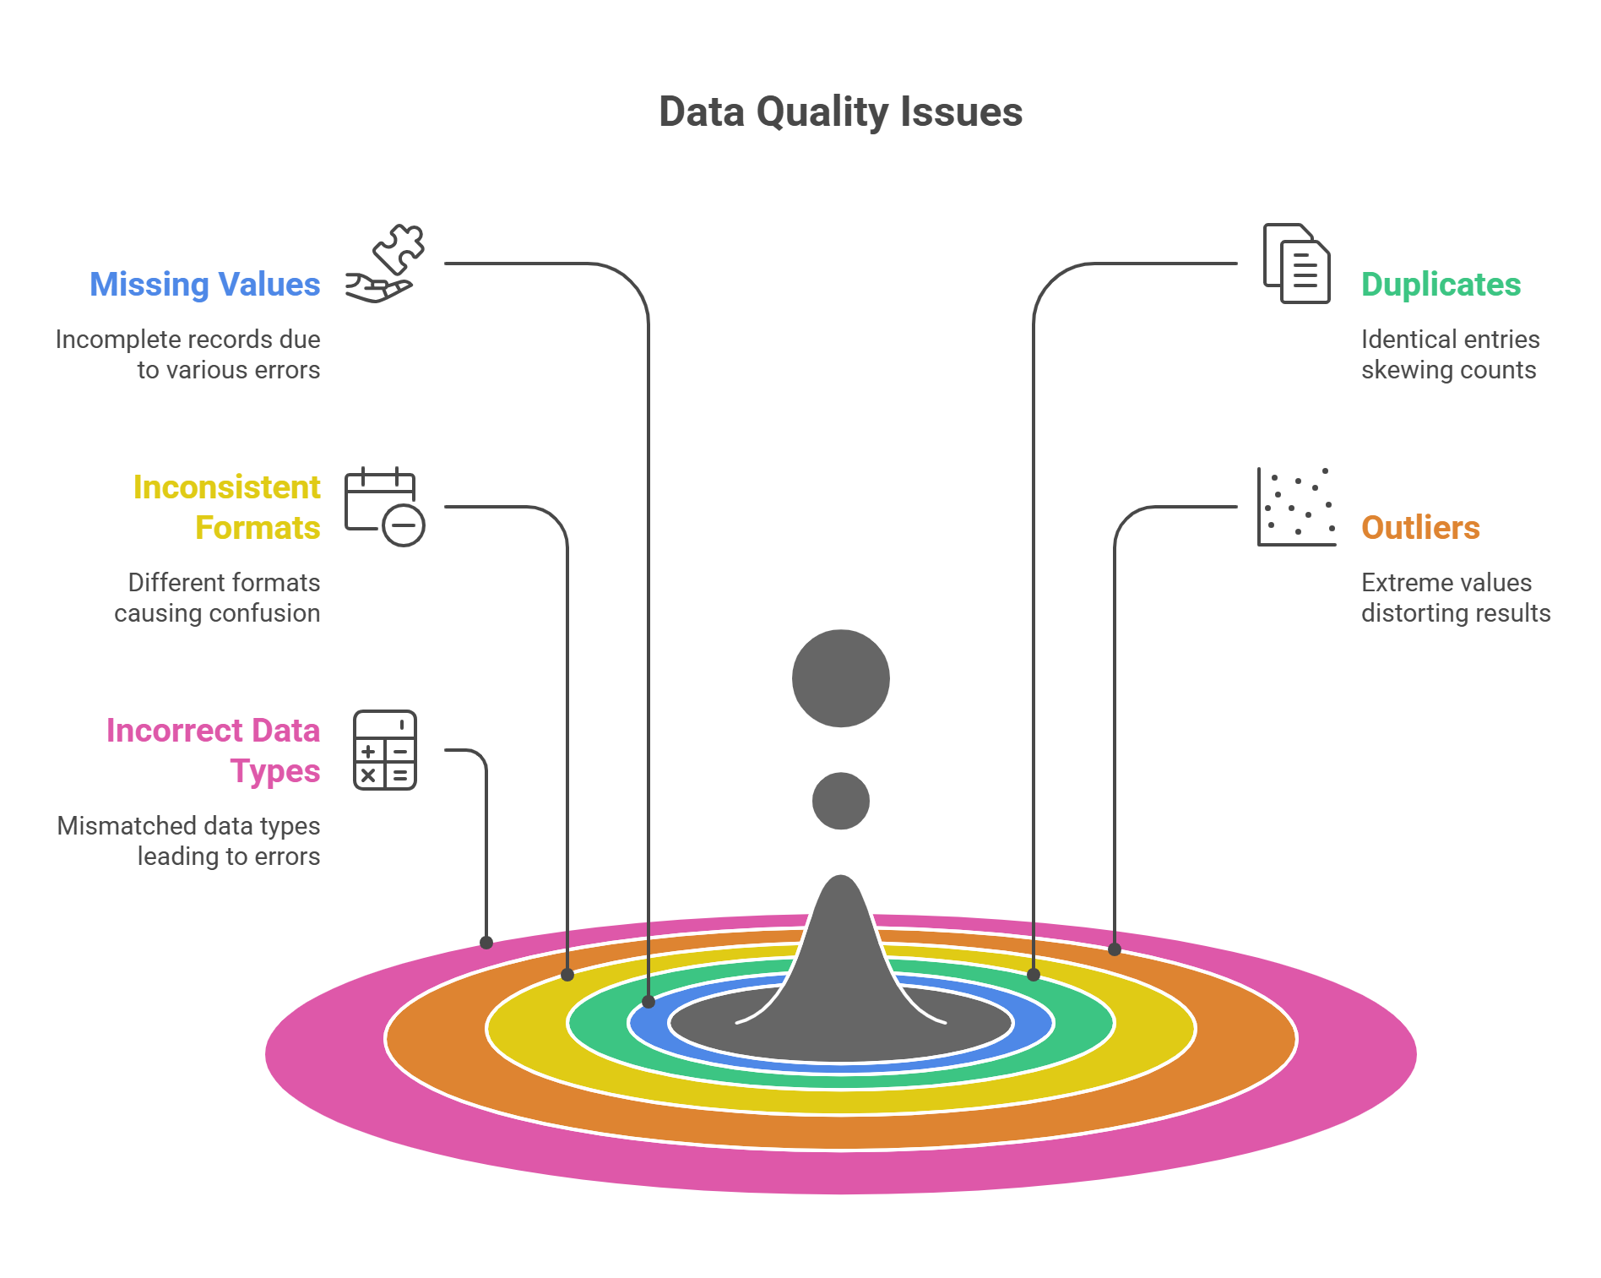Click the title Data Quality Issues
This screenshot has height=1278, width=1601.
click(840, 112)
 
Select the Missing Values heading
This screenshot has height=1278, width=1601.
click(205, 285)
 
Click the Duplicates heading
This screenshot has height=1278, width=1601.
click(1441, 285)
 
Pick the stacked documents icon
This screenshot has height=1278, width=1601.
click(1296, 264)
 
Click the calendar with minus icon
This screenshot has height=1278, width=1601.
click(384, 507)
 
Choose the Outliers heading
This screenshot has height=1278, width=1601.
click(1420, 528)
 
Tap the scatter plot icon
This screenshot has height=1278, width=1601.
click(1297, 507)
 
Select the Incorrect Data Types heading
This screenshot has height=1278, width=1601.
click(214, 750)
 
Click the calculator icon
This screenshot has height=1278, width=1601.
click(385, 750)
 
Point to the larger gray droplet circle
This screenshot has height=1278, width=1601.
click(841, 678)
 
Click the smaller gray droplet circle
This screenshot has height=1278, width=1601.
click(841, 801)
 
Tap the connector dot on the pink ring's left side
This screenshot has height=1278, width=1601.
click(486, 943)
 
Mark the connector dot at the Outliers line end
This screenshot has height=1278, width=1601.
click(1115, 949)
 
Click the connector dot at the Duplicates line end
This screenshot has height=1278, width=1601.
click(1034, 975)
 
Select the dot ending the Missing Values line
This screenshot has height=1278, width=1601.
click(649, 1002)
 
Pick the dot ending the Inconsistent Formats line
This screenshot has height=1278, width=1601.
click(567, 975)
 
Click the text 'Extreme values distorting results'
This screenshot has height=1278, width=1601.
click(1456, 598)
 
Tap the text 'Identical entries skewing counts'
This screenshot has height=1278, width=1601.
click(1450, 355)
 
